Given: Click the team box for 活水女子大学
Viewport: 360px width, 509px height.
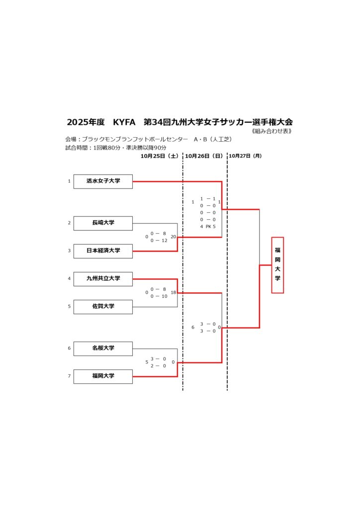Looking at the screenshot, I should point(103,181).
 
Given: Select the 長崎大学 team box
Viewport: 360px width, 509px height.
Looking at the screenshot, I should point(103,223).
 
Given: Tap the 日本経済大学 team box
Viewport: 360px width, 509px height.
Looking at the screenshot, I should point(103,251).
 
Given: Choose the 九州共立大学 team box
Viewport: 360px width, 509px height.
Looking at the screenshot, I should point(103,279).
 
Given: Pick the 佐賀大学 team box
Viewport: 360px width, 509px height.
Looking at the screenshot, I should point(103,307).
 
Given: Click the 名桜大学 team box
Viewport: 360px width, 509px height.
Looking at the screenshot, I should point(103,348).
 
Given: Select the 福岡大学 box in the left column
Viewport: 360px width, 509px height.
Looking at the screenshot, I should point(103,376).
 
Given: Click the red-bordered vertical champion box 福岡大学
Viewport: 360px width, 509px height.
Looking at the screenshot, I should point(277,265).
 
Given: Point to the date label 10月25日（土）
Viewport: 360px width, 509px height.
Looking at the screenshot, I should point(160,156).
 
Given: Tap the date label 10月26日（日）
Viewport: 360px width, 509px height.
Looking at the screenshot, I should point(204,156).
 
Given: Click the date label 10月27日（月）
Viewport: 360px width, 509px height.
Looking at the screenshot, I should point(245,156).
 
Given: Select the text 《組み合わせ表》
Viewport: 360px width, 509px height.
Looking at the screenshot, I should point(271,132).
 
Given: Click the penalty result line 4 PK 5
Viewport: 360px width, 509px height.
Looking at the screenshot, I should point(208,227).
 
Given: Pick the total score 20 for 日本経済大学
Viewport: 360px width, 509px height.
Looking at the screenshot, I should point(173,237).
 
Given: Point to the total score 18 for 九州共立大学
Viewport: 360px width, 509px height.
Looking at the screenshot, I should point(173,293).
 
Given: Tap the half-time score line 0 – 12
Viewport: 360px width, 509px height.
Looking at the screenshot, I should point(159,241).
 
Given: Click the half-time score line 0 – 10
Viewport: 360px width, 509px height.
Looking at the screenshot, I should point(159,296).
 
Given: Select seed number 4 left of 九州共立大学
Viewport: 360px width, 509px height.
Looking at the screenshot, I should point(69,279).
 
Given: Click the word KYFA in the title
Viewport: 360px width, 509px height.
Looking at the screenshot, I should point(124,122).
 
